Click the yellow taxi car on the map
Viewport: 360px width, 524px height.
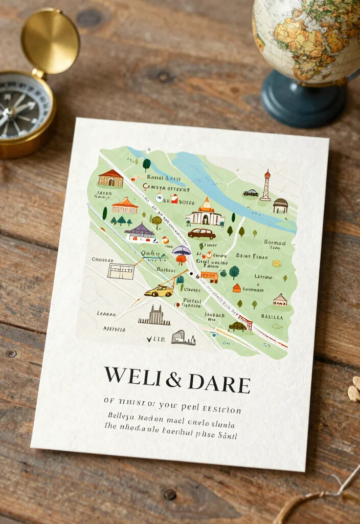[159, 291]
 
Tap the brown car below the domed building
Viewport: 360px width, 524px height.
[201, 233]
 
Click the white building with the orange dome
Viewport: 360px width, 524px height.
[205, 213]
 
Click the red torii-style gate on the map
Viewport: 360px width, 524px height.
[246, 322]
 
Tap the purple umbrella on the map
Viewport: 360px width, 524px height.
[182, 250]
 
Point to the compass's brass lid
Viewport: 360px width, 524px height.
[50, 40]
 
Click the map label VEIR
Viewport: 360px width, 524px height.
[155, 339]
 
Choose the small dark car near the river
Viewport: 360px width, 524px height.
[251, 193]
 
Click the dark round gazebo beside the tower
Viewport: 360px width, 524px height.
[280, 205]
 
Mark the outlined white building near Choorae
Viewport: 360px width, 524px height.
[121, 271]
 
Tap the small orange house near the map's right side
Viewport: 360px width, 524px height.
[236, 288]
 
